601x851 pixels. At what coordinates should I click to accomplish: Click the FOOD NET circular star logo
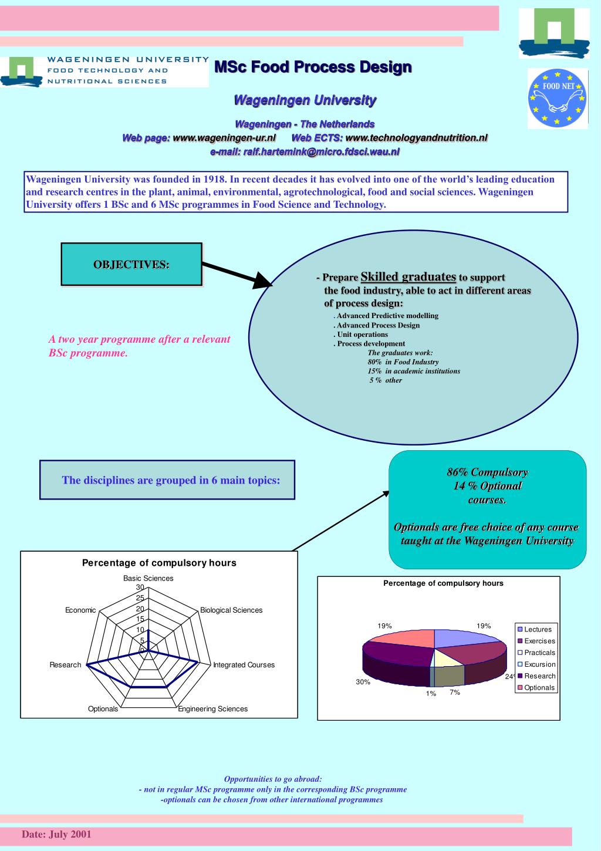pos(557,98)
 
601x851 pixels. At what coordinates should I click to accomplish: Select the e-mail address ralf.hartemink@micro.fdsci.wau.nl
pos(321,151)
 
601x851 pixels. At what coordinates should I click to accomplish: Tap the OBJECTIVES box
pos(131,264)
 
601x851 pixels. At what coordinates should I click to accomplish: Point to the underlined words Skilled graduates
pos(408,276)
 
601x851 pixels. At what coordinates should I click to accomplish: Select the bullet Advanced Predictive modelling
pos(387,316)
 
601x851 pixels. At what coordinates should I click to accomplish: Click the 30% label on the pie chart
pos(363,682)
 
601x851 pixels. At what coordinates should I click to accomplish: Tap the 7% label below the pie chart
pos(455,693)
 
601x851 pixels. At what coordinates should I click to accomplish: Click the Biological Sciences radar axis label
pos(231,610)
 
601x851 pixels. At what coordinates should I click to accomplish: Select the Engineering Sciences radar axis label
pos(213,709)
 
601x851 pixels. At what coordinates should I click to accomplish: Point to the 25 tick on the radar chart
pos(140,598)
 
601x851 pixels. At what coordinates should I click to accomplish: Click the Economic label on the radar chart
pos(80,610)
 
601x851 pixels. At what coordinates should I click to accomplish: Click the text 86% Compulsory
pos(487,472)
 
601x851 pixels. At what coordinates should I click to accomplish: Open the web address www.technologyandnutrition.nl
pos(417,138)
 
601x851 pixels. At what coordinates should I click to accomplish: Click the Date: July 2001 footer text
pos(57,835)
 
